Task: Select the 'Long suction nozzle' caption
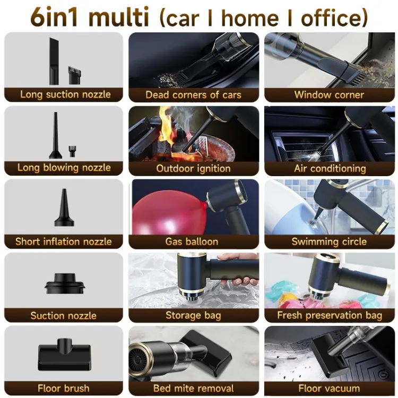point(65,94)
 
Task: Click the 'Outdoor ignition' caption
point(193,168)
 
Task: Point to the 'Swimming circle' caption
point(329,241)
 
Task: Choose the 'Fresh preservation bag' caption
point(330,315)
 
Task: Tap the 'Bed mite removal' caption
point(193,388)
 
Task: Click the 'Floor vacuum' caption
point(329,388)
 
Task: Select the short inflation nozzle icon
point(64,207)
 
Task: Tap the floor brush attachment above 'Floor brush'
point(64,354)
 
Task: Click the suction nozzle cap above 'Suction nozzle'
point(65,283)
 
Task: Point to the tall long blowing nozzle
point(55,135)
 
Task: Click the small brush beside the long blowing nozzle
point(72,151)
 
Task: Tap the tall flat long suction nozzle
point(54,61)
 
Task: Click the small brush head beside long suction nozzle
point(75,75)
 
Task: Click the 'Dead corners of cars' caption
point(193,94)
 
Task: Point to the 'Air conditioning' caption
point(330,168)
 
